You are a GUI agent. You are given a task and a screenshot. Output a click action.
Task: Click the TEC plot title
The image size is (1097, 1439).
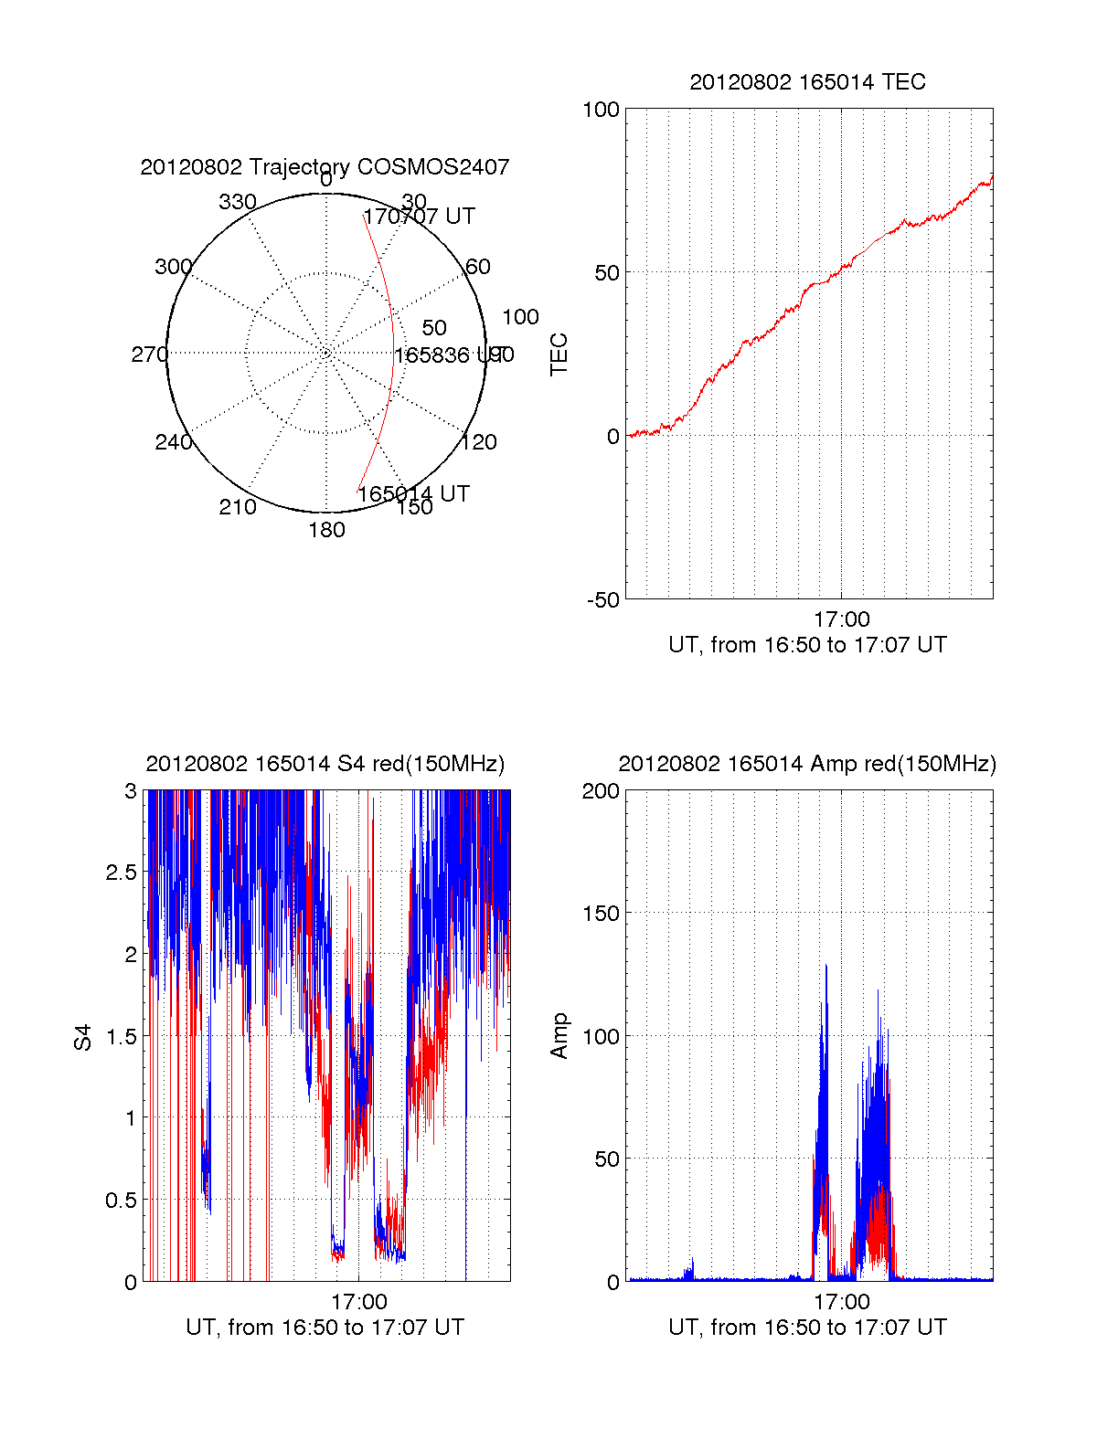(807, 82)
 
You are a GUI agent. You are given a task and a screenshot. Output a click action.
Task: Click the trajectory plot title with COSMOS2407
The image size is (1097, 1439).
(325, 167)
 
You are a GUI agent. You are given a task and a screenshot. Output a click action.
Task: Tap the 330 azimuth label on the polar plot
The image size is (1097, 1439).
(238, 202)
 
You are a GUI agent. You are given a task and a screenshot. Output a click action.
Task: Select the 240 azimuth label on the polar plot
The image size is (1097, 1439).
(173, 442)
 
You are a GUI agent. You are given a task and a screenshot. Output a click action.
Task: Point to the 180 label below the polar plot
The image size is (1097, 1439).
(326, 530)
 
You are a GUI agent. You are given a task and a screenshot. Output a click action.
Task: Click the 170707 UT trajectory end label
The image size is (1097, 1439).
(420, 217)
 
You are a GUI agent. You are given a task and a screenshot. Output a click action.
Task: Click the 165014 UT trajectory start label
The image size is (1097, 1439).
(413, 494)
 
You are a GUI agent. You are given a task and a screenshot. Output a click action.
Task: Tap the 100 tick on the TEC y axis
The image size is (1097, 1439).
(601, 110)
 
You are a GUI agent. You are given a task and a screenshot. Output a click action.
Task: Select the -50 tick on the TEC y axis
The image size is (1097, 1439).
(602, 600)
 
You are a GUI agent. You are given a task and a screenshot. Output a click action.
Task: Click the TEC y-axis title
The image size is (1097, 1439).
(559, 354)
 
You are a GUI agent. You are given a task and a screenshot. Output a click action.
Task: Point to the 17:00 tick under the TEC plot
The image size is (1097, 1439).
(841, 619)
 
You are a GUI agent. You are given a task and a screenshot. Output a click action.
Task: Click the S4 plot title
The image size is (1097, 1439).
(325, 764)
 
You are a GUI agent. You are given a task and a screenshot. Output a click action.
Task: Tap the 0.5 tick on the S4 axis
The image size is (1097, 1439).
(121, 1200)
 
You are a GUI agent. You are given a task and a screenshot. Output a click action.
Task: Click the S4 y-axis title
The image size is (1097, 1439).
(83, 1037)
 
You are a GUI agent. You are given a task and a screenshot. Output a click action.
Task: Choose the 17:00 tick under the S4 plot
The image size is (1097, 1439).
(358, 1302)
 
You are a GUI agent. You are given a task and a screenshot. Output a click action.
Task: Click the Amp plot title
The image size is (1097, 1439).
(807, 764)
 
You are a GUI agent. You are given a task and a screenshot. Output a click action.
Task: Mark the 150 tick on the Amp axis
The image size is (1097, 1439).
(601, 914)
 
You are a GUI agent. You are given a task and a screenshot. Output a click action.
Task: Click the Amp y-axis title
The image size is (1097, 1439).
(559, 1036)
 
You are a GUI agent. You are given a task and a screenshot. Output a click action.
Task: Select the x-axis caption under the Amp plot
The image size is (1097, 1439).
(807, 1328)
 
